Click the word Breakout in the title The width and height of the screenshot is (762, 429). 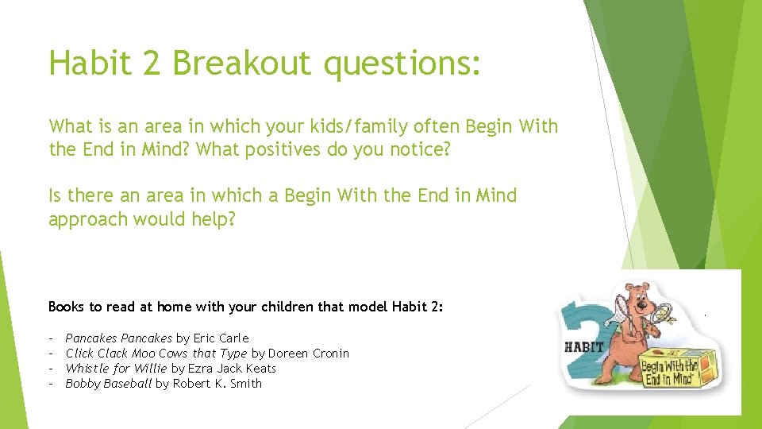tap(241, 63)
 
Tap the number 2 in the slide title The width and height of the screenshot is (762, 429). tap(152, 63)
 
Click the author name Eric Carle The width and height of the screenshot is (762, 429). tap(221, 338)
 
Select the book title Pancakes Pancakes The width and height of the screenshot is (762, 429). tap(118, 338)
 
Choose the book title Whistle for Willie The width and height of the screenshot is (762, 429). tap(116, 368)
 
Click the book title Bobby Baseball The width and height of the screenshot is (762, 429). tap(108, 384)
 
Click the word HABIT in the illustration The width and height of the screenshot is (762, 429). tap(584, 346)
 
